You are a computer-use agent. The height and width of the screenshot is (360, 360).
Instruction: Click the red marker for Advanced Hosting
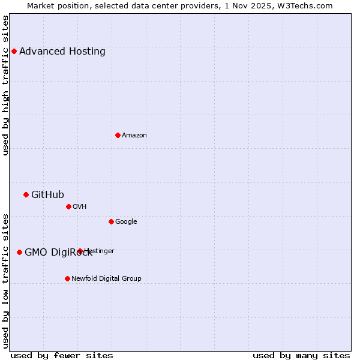(14, 51)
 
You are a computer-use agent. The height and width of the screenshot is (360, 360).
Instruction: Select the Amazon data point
(118, 135)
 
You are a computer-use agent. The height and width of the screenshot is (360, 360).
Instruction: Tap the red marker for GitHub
(26, 194)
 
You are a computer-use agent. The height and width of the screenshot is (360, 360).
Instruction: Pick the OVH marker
(68, 206)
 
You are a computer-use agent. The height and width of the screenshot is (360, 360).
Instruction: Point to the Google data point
(111, 221)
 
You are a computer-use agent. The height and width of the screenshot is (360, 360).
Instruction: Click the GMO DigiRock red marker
(19, 252)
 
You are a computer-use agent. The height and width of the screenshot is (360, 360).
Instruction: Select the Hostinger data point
(80, 251)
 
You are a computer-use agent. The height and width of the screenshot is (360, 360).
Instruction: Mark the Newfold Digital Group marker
(67, 278)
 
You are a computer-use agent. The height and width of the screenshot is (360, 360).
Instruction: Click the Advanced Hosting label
(62, 51)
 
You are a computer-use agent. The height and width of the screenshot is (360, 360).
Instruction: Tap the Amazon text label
(134, 135)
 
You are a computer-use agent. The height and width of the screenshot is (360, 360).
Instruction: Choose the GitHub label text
(47, 194)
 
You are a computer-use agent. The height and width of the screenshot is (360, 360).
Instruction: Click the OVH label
(80, 206)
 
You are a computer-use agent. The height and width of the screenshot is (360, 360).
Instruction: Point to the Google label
(126, 221)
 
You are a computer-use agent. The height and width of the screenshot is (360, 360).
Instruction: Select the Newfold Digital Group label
(106, 278)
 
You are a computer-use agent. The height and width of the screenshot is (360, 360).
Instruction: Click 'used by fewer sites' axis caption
(62, 355)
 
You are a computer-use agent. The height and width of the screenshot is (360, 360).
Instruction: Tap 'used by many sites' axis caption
(301, 355)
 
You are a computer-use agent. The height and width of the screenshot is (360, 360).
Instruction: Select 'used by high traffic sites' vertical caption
(6, 85)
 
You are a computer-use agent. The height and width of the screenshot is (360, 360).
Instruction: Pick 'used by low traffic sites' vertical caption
(6, 281)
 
